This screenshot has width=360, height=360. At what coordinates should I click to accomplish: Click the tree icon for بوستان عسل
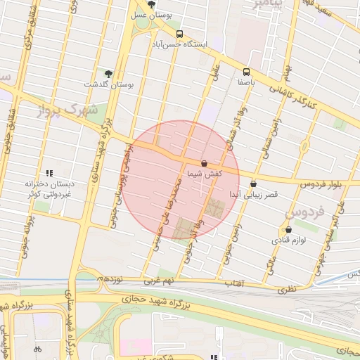click(x=151, y=4)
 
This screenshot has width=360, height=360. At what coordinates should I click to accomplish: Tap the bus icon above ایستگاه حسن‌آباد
click(x=179, y=33)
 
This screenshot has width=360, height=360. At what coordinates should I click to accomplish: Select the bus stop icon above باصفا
click(x=246, y=71)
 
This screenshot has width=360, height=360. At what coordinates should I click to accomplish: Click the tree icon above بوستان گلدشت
click(x=108, y=73)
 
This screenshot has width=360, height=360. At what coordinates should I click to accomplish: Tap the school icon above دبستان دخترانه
click(x=49, y=173)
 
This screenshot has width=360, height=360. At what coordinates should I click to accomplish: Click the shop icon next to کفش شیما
click(x=204, y=162)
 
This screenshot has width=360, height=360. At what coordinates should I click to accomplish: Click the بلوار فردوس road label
click(x=320, y=184)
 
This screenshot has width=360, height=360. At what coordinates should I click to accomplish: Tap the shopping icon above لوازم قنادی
click(x=288, y=229)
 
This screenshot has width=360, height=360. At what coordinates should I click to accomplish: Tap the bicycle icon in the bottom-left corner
click(x=38, y=348)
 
